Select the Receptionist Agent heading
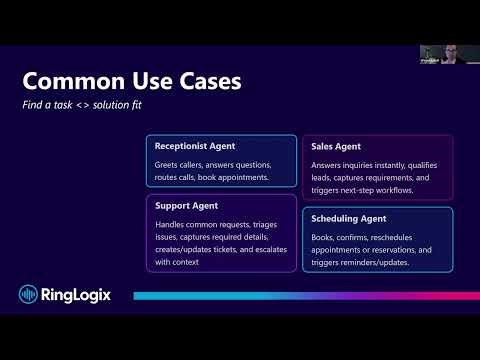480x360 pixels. click(195, 146)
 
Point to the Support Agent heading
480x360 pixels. click(187, 206)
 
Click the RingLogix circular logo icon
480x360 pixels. click(29, 294)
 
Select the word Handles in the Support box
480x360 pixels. click(170, 223)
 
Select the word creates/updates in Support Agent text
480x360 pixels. click(182, 249)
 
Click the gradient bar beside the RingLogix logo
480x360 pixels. click(300, 296)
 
